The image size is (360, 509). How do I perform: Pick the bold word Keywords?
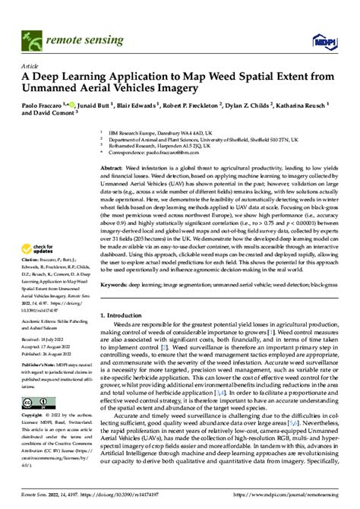[x=115, y=265]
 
